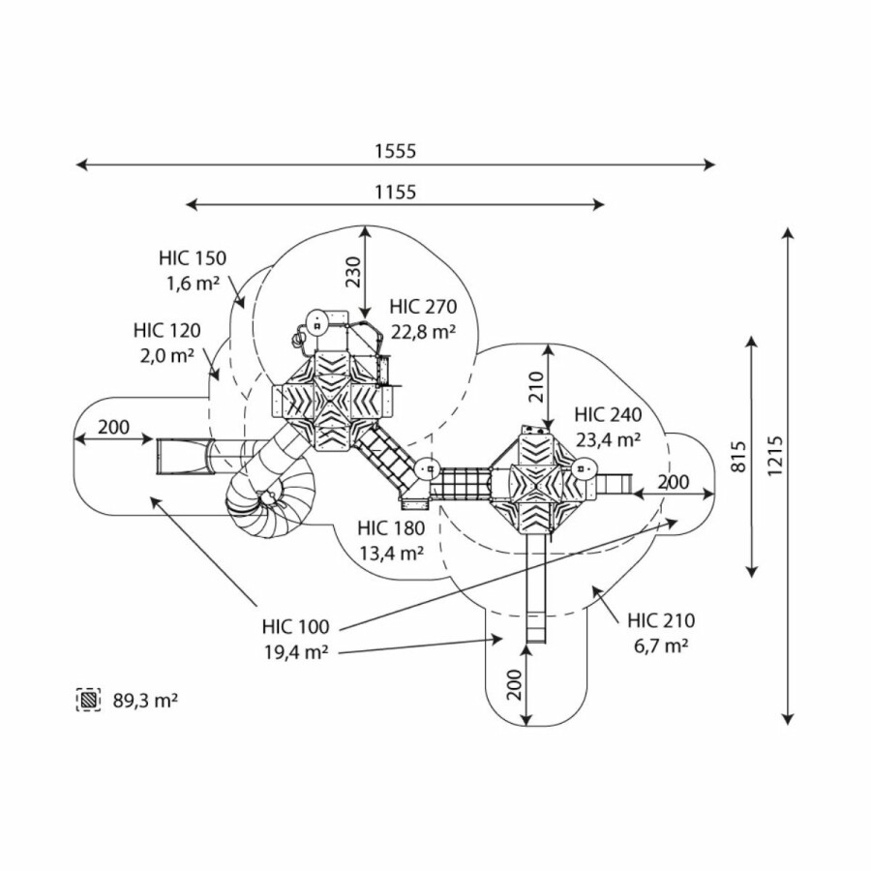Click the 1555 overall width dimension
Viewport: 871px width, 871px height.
395,151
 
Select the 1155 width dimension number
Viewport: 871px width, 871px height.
395,192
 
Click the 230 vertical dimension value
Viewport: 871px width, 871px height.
353,273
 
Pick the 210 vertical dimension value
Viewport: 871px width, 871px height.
537,386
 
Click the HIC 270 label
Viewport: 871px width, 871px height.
422,308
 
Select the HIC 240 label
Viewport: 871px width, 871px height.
607,415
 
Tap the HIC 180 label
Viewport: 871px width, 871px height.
390,528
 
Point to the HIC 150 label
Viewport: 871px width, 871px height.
192,258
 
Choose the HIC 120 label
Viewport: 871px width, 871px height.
167,331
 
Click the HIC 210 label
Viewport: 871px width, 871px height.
661,620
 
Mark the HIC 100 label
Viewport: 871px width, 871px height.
294,626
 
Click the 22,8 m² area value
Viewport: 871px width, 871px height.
424,332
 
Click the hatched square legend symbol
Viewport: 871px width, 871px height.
89,699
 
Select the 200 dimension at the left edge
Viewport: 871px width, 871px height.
113,427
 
